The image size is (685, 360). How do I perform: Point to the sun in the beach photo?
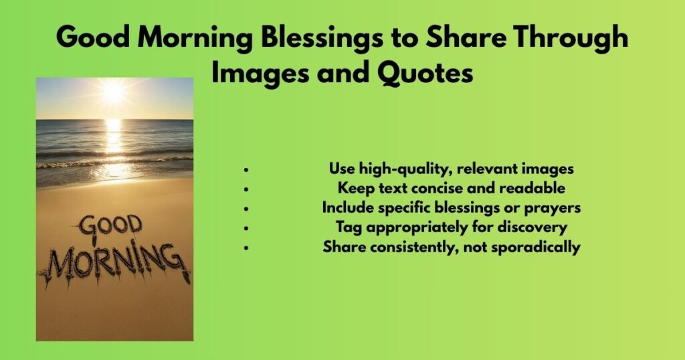click(x=113, y=91)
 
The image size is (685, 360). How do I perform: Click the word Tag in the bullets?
click(x=348, y=228)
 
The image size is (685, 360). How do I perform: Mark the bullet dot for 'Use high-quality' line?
click(x=247, y=170)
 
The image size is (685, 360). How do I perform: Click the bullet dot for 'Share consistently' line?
click(x=247, y=248)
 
